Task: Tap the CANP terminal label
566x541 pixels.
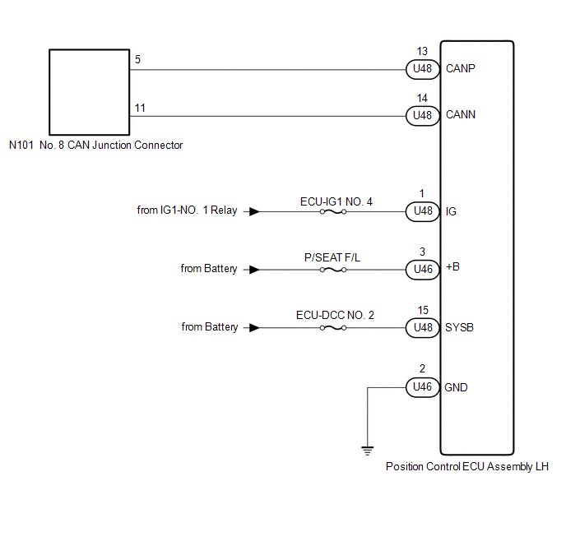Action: point(461,69)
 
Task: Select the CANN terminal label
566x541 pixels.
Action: point(461,116)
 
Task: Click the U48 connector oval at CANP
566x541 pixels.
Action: point(422,69)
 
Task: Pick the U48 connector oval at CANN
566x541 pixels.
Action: point(422,116)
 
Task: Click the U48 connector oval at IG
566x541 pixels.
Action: point(422,211)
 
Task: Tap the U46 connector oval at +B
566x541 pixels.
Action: point(422,269)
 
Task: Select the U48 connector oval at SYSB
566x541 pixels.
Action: point(422,327)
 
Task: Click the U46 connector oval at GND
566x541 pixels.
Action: point(422,386)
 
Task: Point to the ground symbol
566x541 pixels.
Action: point(367,450)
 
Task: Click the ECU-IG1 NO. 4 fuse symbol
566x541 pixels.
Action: point(332,211)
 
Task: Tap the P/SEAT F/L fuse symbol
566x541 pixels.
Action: point(332,269)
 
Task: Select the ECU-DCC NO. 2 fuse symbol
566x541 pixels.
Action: point(332,327)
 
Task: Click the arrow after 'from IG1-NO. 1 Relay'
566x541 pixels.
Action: point(255,211)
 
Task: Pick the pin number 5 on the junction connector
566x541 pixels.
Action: point(137,60)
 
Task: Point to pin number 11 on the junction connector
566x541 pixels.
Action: point(139,107)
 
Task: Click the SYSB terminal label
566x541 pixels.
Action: point(460,327)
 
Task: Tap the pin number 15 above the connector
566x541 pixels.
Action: point(422,311)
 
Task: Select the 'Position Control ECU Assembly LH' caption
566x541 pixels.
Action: point(466,466)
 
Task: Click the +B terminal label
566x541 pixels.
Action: point(453,269)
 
